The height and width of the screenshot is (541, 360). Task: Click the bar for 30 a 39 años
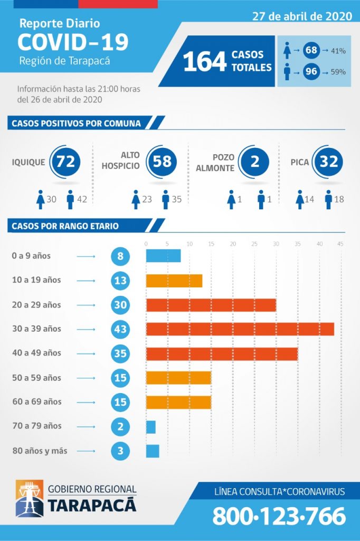click(240, 329)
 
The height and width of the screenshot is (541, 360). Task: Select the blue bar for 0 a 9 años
click(163, 256)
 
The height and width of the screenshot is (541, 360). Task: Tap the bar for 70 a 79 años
click(150, 426)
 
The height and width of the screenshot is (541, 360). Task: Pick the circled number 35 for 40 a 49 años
click(120, 353)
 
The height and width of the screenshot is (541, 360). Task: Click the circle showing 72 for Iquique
click(65, 161)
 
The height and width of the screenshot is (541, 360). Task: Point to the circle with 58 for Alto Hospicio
click(162, 161)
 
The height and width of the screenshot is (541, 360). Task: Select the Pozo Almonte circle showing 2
click(254, 161)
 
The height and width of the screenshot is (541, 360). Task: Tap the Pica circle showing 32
click(328, 161)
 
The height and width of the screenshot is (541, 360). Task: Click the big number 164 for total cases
click(205, 61)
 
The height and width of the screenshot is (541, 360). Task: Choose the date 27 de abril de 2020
click(302, 16)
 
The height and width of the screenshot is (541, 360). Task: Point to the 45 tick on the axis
click(340, 244)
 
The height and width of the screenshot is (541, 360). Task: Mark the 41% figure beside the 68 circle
click(338, 51)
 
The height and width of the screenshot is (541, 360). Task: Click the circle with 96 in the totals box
click(311, 71)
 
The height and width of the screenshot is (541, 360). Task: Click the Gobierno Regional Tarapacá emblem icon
click(30, 498)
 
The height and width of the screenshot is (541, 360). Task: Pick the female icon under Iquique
click(40, 199)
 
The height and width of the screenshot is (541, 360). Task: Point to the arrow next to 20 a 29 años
click(86, 305)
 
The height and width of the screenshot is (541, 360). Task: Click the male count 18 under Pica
click(339, 199)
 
